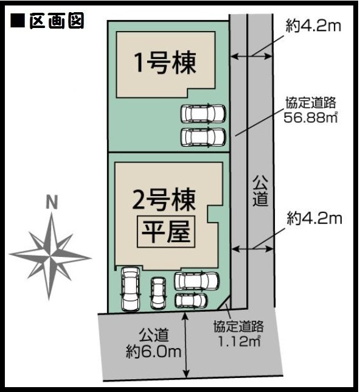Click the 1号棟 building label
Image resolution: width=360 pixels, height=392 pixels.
click(x=165, y=63)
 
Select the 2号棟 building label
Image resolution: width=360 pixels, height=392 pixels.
click(x=164, y=200)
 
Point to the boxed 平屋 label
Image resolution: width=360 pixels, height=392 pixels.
click(x=166, y=231)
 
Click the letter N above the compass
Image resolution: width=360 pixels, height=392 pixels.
click(x=52, y=202)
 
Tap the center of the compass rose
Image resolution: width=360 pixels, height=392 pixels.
click(x=50, y=256)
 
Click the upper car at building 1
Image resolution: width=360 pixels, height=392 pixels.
click(x=203, y=114)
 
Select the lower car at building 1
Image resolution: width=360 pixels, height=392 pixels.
click(x=203, y=137)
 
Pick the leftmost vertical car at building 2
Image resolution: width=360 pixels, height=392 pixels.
click(x=130, y=289)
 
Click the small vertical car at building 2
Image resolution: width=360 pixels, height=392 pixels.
click(x=158, y=293)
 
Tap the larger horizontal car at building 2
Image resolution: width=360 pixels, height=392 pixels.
click(x=197, y=281)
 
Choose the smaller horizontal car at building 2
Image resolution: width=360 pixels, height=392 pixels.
click(x=191, y=300)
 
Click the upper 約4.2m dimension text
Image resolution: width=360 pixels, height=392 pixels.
click(x=313, y=26)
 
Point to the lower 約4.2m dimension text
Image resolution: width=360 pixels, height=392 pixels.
click(x=314, y=219)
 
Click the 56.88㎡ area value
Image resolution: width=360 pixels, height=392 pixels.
click(x=311, y=117)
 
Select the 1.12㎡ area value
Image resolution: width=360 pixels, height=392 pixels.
click(x=240, y=340)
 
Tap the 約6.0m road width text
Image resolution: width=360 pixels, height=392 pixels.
click(x=154, y=352)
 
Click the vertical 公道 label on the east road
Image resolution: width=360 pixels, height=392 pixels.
click(x=260, y=191)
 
